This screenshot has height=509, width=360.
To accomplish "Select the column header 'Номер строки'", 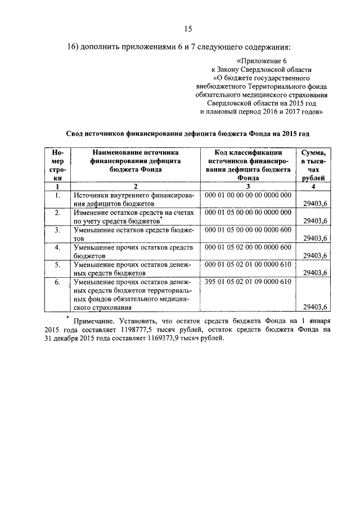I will pos(57,165).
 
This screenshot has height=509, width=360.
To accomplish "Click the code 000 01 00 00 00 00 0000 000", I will pos(248,195).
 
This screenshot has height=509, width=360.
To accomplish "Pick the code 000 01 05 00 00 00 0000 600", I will pos(248,230).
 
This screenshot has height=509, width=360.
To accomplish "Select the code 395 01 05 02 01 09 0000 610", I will pos(248,282).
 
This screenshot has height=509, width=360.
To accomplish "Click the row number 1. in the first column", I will pos(57,196).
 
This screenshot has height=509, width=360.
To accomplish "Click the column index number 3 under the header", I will pos(248,186).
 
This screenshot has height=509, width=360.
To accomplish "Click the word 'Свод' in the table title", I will pos(76,133).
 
